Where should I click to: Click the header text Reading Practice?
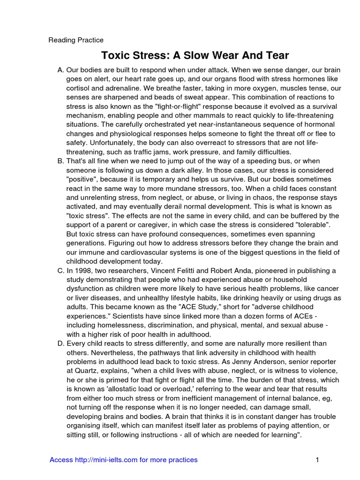pyautogui.click(x=76, y=40)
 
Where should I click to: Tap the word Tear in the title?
pyautogui.click(x=277, y=55)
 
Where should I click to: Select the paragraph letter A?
pyautogui.click(x=60, y=70)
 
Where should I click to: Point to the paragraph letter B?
pyautogui.click(x=60, y=161)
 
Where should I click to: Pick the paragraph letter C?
pyautogui.click(x=60, y=270)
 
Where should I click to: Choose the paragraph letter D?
pyautogui.click(x=60, y=344)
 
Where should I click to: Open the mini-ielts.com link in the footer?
pyautogui.click(x=123, y=460)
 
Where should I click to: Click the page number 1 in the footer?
pyautogui.click(x=317, y=460)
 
